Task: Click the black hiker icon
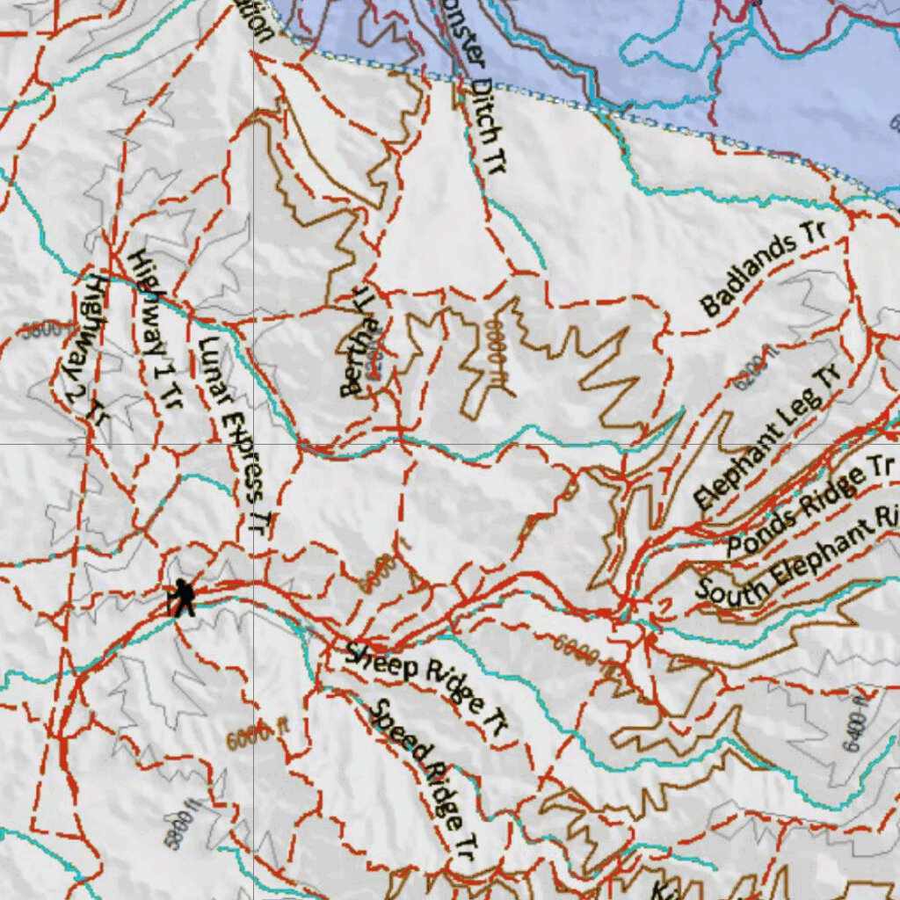[182, 598]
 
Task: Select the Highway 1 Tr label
[155, 330]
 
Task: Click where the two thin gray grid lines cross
[253, 444]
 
